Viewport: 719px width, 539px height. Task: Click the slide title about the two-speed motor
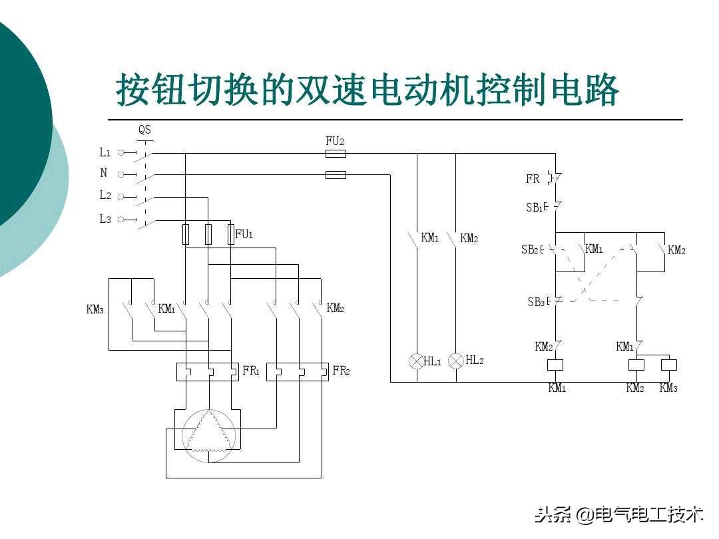tap(367, 89)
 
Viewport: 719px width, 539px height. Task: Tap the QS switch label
tap(144, 130)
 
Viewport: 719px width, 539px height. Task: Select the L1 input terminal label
tap(105, 152)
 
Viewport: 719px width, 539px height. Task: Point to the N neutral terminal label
tap(104, 173)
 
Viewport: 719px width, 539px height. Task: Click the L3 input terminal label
tap(105, 219)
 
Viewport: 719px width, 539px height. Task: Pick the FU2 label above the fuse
tap(335, 141)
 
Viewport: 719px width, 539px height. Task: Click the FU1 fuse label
tap(244, 234)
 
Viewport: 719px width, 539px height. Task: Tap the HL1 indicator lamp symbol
tap(416, 361)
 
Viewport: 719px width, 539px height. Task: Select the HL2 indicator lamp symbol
tap(456, 361)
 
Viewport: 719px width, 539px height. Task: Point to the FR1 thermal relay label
tap(251, 371)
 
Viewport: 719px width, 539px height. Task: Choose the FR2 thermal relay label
tap(341, 371)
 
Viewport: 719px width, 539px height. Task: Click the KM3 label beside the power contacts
tap(95, 309)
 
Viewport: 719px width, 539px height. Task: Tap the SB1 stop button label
tap(536, 208)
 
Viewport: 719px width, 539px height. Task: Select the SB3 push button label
tap(537, 302)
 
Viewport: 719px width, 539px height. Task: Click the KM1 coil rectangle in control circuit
tap(555, 365)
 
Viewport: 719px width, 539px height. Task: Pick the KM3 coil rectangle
tap(668, 365)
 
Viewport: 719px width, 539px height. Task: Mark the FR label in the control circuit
tap(533, 179)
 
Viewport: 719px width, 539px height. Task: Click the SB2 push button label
tap(531, 250)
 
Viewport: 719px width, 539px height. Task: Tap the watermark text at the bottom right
tap(620, 514)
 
